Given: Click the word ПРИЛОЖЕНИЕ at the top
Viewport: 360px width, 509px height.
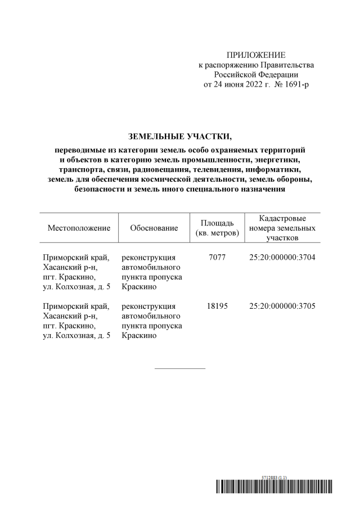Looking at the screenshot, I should [256, 55].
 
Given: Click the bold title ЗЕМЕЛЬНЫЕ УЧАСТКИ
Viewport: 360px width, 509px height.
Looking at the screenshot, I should [179, 136].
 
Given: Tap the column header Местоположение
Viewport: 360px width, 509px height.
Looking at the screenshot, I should [79, 228].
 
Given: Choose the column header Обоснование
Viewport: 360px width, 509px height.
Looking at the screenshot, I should [154, 228].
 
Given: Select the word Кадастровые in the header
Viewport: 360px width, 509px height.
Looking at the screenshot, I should [282, 218].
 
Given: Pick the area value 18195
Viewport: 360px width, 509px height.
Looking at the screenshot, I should [217, 307].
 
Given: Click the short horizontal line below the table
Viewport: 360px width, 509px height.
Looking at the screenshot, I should [179, 368].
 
